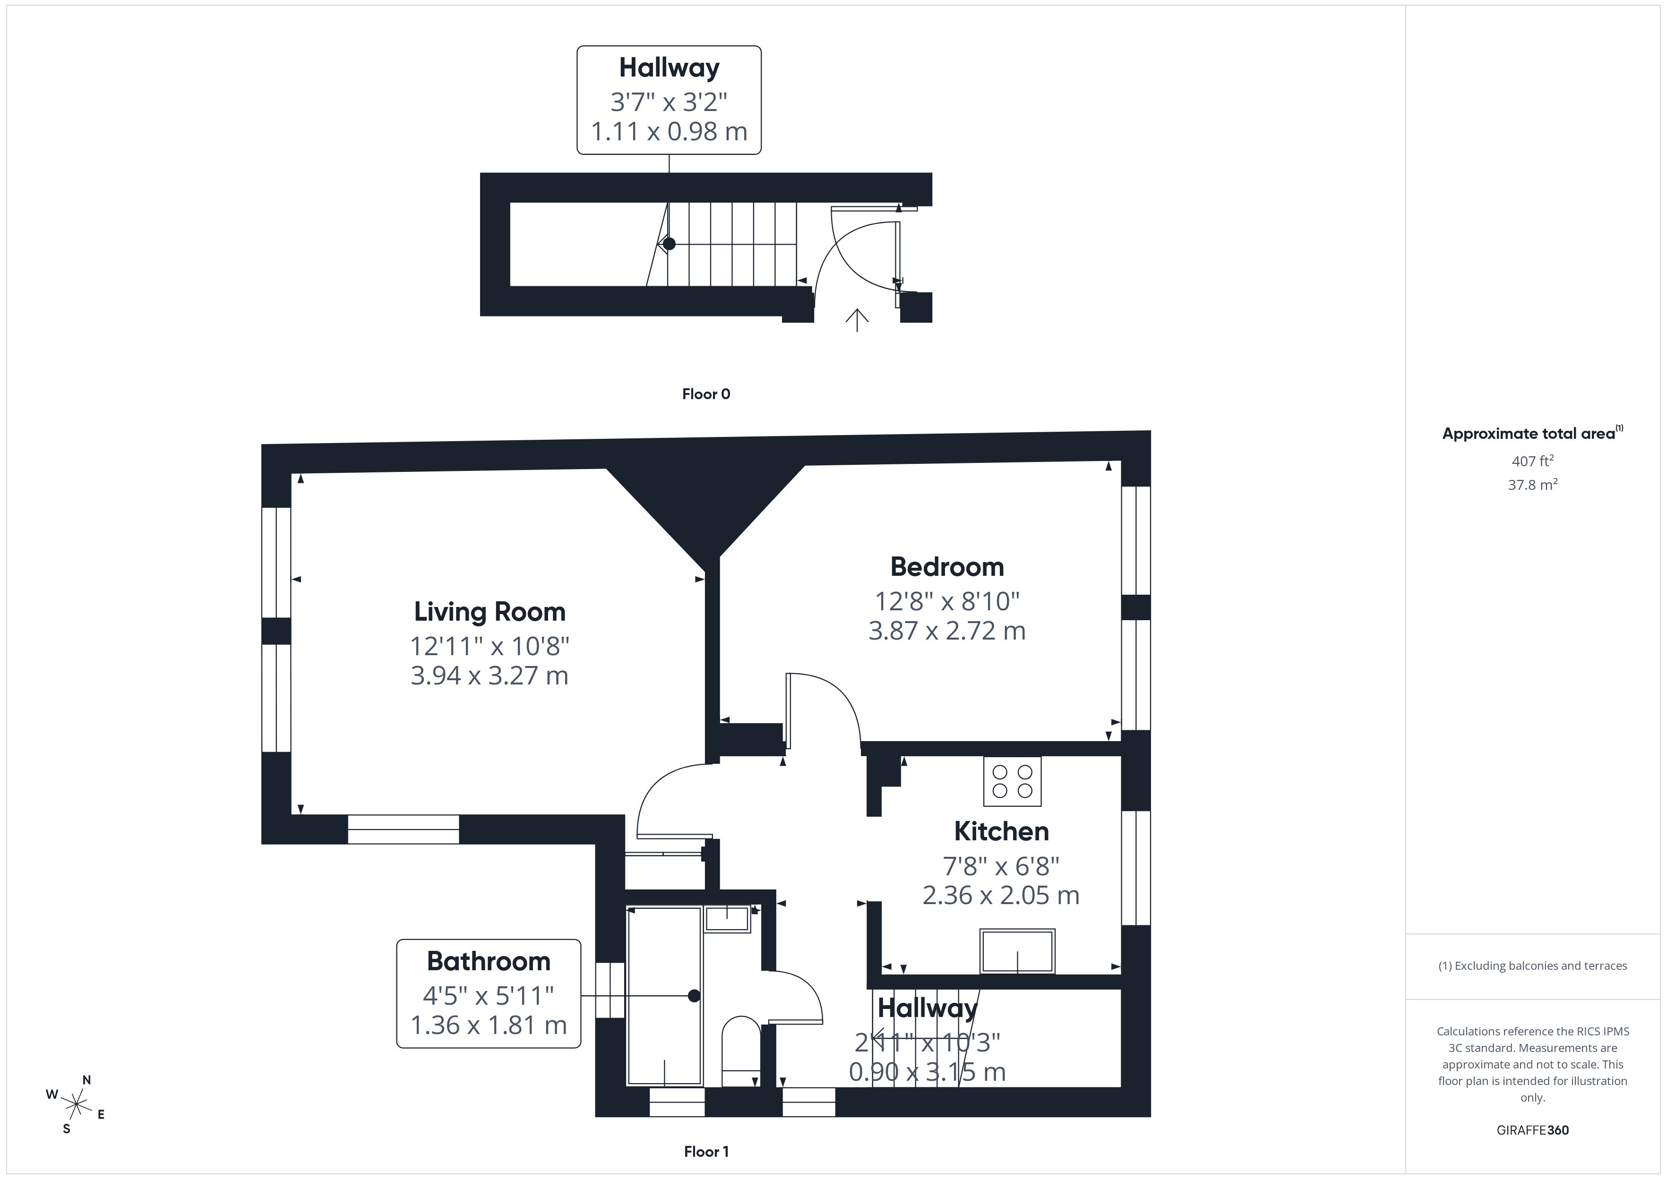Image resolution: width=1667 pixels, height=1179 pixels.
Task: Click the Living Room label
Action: click(490, 612)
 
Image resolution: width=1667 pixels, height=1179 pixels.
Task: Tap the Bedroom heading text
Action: click(947, 567)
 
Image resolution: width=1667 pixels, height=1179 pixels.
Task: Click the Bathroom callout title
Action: click(489, 961)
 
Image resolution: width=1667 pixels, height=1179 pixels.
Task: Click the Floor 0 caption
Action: click(706, 394)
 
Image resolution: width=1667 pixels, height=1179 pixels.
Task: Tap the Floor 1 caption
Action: click(706, 1152)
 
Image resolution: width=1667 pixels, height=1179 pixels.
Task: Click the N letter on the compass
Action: click(86, 1080)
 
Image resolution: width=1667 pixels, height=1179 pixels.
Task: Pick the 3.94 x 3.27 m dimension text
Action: click(490, 676)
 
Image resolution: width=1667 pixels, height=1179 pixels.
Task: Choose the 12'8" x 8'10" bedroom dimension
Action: click(947, 601)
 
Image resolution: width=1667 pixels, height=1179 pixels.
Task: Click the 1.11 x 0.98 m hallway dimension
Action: click(669, 131)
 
